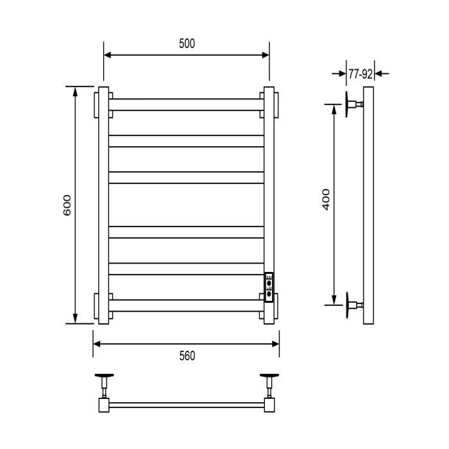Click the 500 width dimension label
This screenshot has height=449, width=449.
click(x=187, y=44)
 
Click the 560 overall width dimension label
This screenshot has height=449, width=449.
click(x=187, y=356)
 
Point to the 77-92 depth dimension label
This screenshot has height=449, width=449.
click(x=360, y=74)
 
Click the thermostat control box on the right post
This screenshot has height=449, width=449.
click(x=269, y=284)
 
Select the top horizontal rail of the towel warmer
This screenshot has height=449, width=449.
click(x=186, y=104)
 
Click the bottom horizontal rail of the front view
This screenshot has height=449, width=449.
click(x=186, y=305)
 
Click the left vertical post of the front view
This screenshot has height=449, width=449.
click(x=103, y=205)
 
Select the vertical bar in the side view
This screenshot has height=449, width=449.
click(x=369, y=205)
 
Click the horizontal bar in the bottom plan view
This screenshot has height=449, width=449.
click(x=186, y=405)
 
